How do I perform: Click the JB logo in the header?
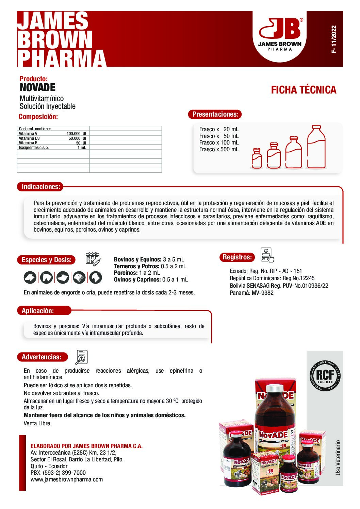(x=280, y=34)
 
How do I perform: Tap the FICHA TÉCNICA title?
(x=304, y=90)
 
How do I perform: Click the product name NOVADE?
(x=37, y=87)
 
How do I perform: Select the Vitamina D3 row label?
(x=29, y=138)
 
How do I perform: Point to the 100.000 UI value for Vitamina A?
(x=76, y=134)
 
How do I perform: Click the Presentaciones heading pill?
(x=215, y=114)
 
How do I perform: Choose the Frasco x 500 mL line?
(x=219, y=149)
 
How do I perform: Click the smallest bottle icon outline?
(x=257, y=158)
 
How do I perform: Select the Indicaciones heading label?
(x=41, y=187)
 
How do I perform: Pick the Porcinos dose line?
(x=137, y=273)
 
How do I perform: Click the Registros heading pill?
(x=237, y=257)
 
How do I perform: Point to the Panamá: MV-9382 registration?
(x=251, y=293)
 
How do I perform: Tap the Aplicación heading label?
(x=38, y=311)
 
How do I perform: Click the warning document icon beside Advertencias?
(x=82, y=357)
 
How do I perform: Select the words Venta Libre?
(x=37, y=423)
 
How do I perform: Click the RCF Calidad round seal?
(x=325, y=375)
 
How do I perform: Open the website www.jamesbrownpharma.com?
(x=67, y=479)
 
